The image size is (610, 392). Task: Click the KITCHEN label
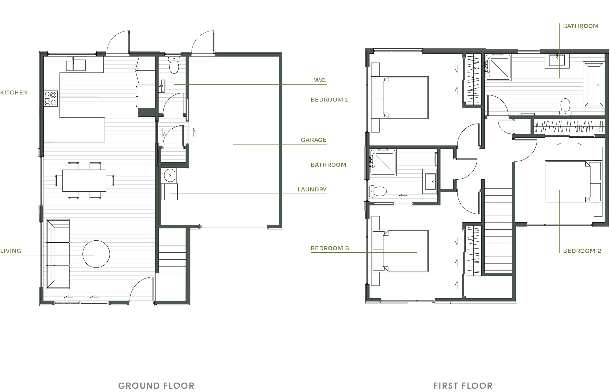[x=14, y=93]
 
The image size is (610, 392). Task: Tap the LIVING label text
[x=11, y=251]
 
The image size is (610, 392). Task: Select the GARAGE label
[x=313, y=140]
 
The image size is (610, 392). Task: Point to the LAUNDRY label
[x=312, y=189]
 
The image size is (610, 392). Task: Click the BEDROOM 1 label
[x=329, y=100]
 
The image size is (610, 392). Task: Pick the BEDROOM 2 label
[x=582, y=251]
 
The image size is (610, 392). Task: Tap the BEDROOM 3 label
[x=330, y=248]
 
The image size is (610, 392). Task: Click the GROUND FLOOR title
[x=156, y=386]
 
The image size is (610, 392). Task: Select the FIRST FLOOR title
[x=463, y=386]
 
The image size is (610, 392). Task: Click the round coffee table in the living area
[x=96, y=254]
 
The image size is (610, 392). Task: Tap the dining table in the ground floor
[x=84, y=180]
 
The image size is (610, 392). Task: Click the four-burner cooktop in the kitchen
[x=51, y=99]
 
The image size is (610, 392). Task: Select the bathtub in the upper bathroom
[x=594, y=84]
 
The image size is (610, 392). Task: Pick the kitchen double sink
[x=76, y=64]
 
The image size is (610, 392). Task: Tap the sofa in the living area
[x=58, y=254]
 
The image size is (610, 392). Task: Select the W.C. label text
[x=319, y=80]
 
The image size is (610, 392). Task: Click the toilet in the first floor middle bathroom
[x=378, y=191]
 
